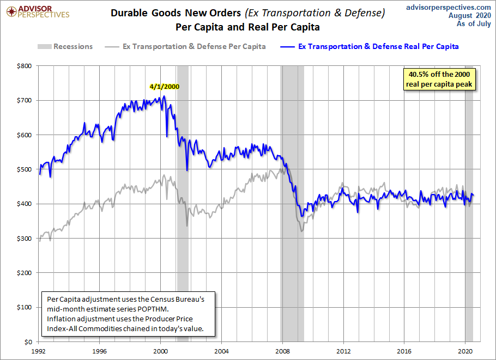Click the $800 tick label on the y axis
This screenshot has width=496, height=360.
tap(25, 66)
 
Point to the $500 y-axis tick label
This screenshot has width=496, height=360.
tap(25, 169)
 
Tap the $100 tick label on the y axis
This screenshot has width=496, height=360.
tap(25, 307)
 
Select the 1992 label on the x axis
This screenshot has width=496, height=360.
tap(38, 351)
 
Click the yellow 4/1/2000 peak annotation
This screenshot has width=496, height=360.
tap(165, 86)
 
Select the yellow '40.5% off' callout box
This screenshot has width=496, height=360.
tap(439, 79)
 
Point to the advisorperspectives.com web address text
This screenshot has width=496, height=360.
tap(449, 7)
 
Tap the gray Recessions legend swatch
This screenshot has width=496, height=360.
tap(44, 46)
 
